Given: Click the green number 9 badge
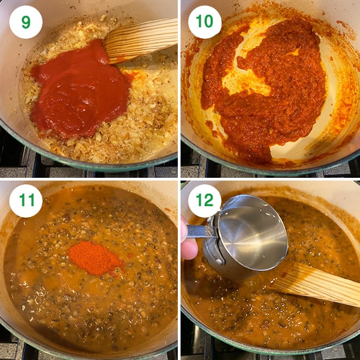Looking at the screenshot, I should (25, 22).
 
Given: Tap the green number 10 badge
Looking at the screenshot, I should (205, 22).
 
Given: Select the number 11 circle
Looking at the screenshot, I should (25, 201).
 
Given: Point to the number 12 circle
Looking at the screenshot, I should (205, 201).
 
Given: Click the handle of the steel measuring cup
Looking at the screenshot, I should (199, 231).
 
